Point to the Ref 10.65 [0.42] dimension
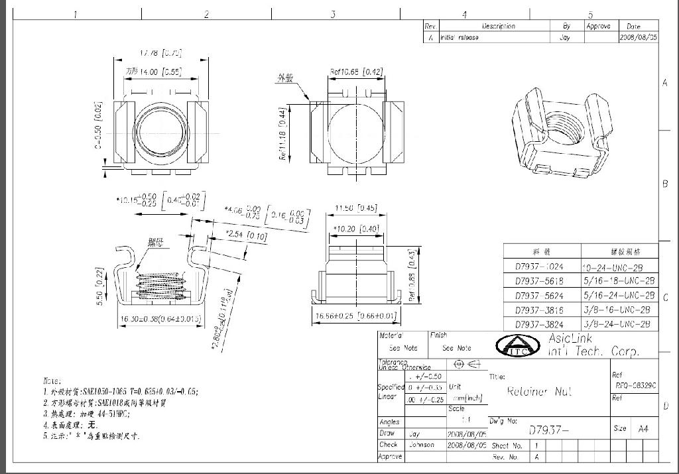[356, 72]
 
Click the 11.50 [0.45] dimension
[356, 208]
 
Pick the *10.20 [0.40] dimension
[356, 229]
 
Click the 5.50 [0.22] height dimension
[99, 288]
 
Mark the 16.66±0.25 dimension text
[356, 316]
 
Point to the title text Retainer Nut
[539, 392]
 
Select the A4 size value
[643, 428]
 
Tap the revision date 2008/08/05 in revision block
[639, 38]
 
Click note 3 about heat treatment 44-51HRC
[86, 414]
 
